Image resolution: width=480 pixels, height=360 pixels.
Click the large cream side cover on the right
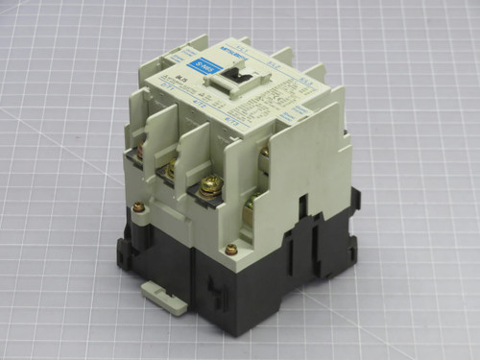[x=305, y=173]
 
